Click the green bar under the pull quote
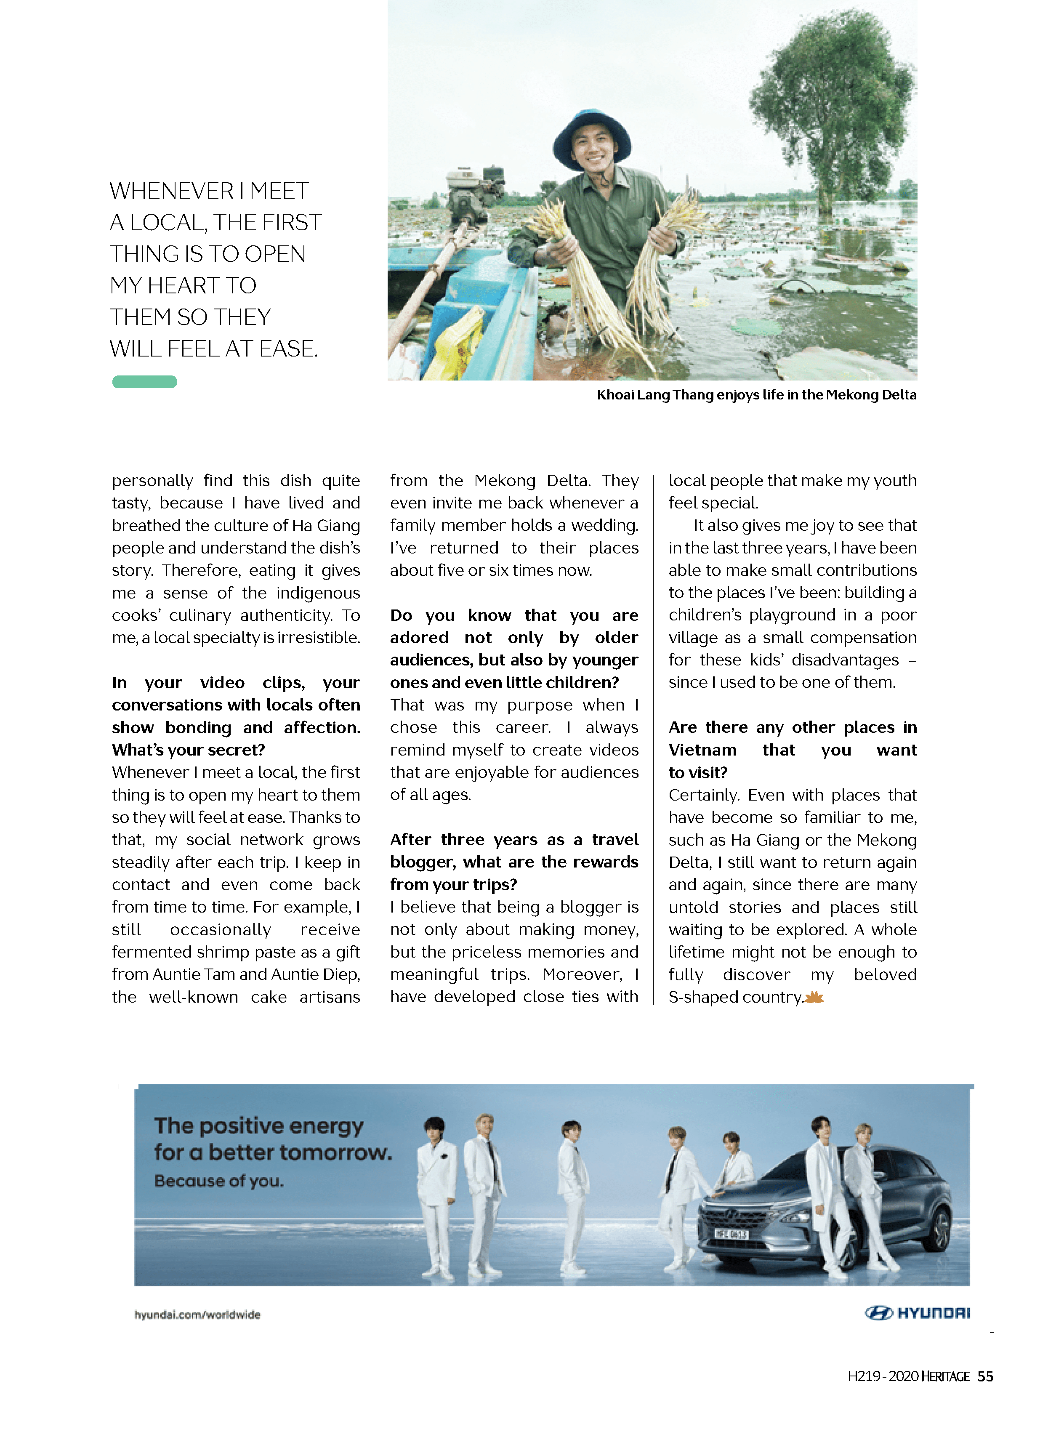pyautogui.click(x=144, y=382)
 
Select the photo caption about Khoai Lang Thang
pyautogui.click(x=756, y=395)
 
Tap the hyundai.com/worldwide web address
pyautogui.click(x=197, y=1315)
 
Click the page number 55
pyautogui.click(x=985, y=1376)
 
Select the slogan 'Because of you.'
pyautogui.click(x=218, y=1181)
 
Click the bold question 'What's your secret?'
pyautogui.click(x=188, y=750)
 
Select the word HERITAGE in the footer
pyautogui.click(x=945, y=1376)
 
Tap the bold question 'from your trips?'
pyautogui.click(x=453, y=884)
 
